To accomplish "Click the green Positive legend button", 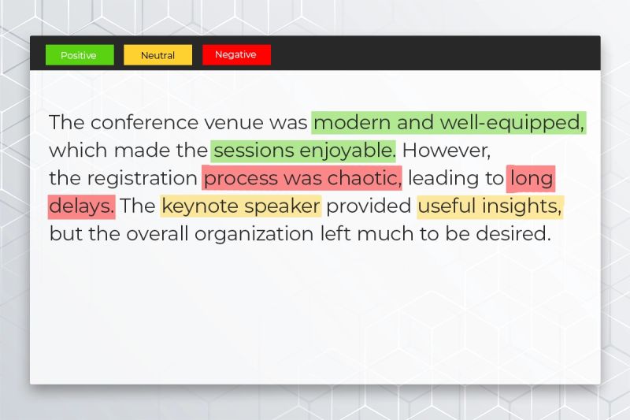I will tap(79, 55).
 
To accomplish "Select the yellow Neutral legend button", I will tap(157, 55).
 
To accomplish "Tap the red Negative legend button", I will tap(235, 55).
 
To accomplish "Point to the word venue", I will tap(234, 123).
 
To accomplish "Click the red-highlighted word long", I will tap(532, 178).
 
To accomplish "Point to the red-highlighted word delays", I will tap(81, 206).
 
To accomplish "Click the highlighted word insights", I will tap(521, 206).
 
